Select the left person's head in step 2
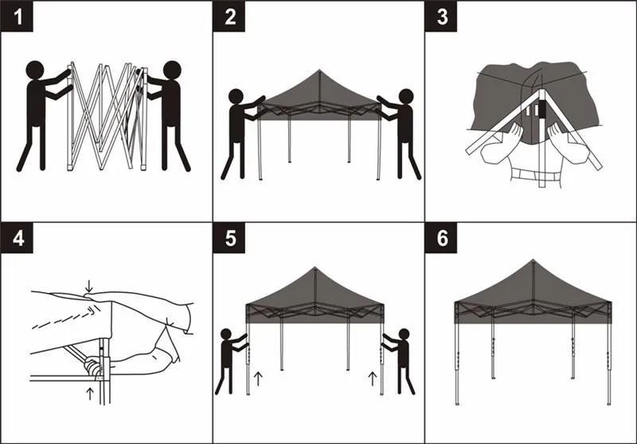(x=236, y=96)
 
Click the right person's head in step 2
(x=406, y=96)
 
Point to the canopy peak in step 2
(x=318, y=71)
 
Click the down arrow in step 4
(x=89, y=284)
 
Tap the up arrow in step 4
(x=90, y=392)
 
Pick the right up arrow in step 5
(x=372, y=376)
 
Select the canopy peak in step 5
(x=316, y=270)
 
